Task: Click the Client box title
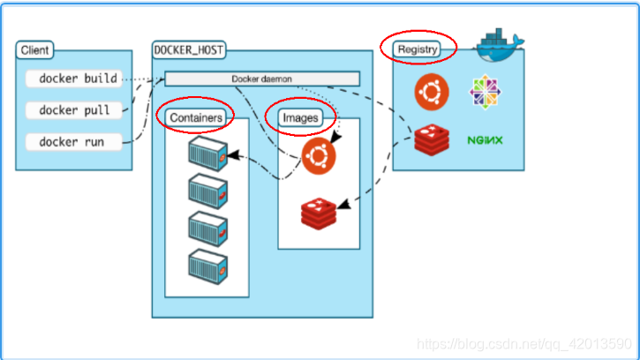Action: (x=34, y=50)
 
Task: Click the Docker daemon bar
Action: (x=262, y=79)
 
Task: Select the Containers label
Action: (x=195, y=116)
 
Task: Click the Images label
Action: (x=299, y=116)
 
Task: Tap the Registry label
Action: (x=418, y=49)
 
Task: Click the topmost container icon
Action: (x=208, y=154)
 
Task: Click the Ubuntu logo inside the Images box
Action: (x=318, y=156)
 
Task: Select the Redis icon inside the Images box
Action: (x=318, y=213)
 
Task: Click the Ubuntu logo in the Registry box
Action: (x=433, y=90)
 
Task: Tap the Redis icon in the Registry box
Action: (x=433, y=139)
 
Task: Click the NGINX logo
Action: (x=485, y=139)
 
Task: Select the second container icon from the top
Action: (x=208, y=190)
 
